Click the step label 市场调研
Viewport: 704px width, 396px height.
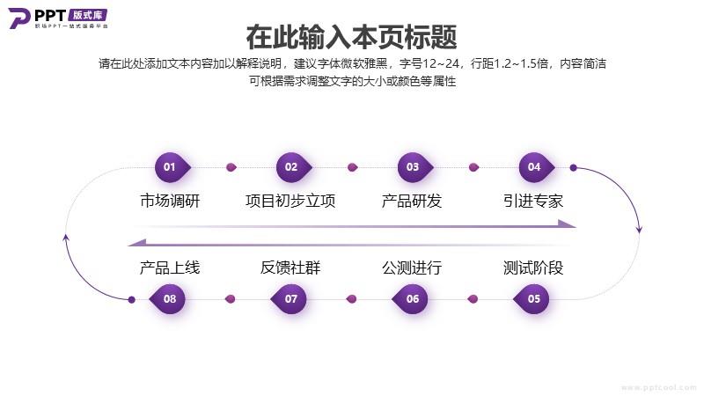(x=170, y=201)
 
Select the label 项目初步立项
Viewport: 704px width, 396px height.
(x=290, y=201)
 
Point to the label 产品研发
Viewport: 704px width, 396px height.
(x=412, y=201)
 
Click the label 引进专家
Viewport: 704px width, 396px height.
(x=533, y=201)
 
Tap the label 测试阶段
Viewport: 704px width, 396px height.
(x=533, y=268)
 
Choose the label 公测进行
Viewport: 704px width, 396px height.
(x=412, y=268)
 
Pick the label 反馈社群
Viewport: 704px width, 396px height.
(x=290, y=268)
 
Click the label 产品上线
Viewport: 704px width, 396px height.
(x=170, y=268)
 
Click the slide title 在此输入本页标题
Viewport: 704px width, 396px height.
(x=351, y=37)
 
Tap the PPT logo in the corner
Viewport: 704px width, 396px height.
(x=58, y=18)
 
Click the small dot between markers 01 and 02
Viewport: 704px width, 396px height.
(x=231, y=167)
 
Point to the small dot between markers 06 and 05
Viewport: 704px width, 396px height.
(x=473, y=299)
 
